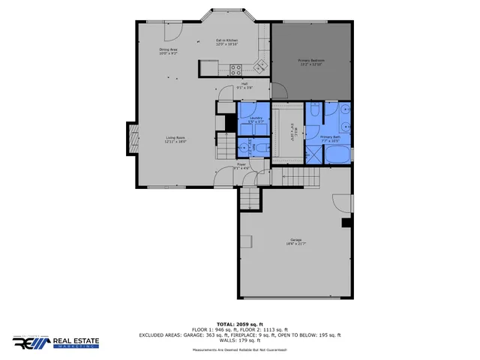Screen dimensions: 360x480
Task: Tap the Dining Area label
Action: (x=168, y=51)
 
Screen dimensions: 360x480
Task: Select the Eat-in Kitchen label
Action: (x=226, y=42)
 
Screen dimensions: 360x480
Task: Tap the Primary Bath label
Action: (x=331, y=139)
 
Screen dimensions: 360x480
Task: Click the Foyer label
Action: (x=241, y=166)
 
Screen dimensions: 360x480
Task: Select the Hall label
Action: (x=244, y=85)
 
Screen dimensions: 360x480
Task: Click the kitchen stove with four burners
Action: (x=235, y=70)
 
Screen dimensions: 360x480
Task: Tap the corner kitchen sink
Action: (x=260, y=65)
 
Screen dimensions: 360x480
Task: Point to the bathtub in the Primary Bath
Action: (x=337, y=155)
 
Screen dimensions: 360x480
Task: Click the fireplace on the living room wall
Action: (x=132, y=138)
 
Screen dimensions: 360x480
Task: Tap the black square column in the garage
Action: (x=346, y=222)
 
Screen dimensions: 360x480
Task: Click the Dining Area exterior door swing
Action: (x=171, y=31)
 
